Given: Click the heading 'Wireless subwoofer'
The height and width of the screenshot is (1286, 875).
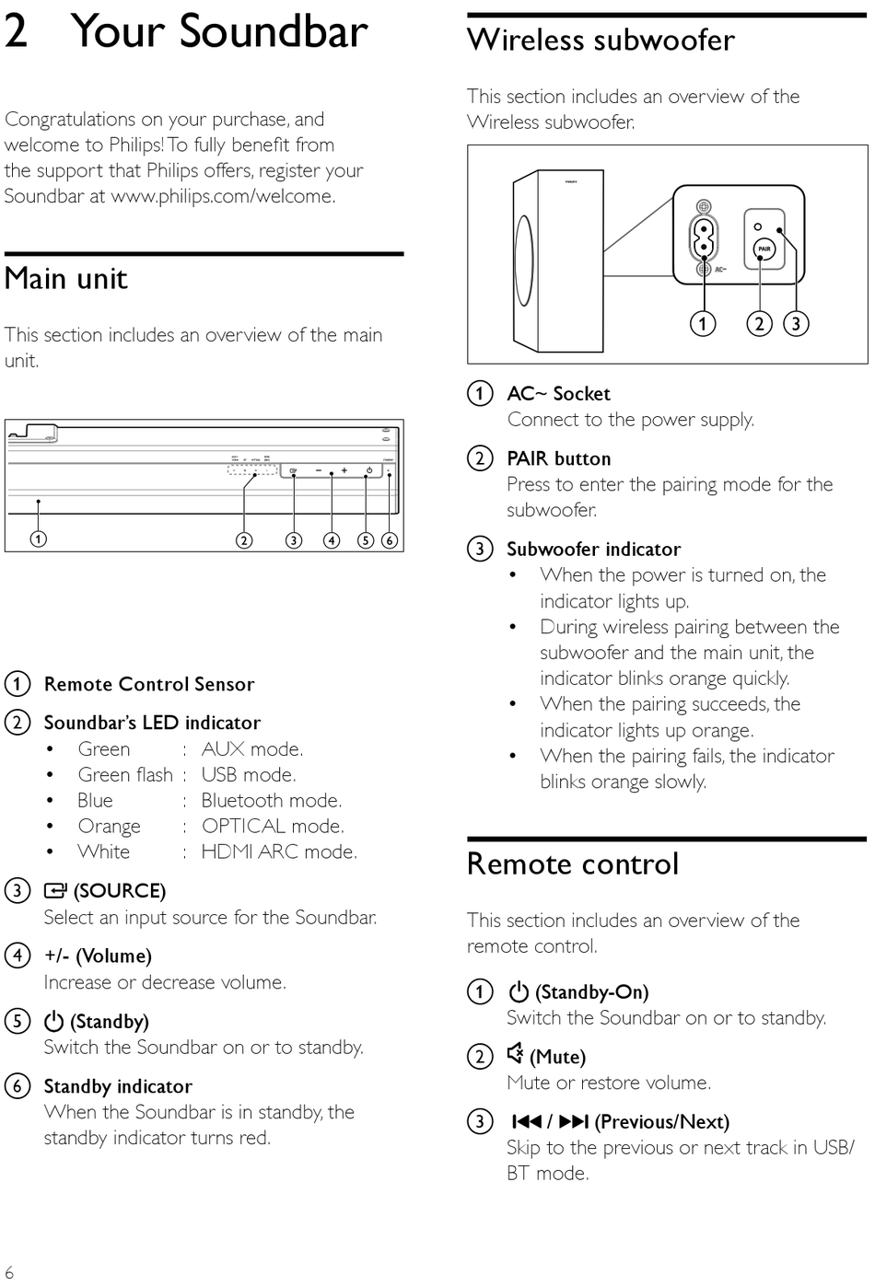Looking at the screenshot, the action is pyautogui.click(x=601, y=41).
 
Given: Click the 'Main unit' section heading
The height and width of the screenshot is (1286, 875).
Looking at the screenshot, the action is pyautogui.click(x=66, y=278).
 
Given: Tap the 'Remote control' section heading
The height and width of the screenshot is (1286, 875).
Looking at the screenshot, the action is pyautogui.click(x=572, y=863).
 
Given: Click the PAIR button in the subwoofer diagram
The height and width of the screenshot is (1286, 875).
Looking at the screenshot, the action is pyautogui.click(x=764, y=249).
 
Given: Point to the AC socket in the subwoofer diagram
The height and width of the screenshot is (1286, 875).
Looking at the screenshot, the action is pyautogui.click(x=703, y=238).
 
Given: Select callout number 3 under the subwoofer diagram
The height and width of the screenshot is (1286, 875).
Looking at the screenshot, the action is pyautogui.click(x=796, y=323).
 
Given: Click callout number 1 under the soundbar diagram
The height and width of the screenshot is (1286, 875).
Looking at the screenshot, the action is pyautogui.click(x=38, y=539).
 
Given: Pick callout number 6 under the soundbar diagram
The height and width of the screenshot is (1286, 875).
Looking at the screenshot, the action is pyautogui.click(x=390, y=540).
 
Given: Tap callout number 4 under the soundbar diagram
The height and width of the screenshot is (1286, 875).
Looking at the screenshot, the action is pyautogui.click(x=332, y=540).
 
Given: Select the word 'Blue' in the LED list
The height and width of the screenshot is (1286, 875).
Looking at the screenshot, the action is pyautogui.click(x=95, y=800).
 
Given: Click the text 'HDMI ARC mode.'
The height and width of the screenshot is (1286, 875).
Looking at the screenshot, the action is pyautogui.click(x=279, y=852).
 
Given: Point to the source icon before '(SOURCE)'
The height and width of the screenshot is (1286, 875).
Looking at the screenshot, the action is pyautogui.click(x=55, y=890).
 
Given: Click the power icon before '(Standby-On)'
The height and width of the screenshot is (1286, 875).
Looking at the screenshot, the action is pyautogui.click(x=519, y=991).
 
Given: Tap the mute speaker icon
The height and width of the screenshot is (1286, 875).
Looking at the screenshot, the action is pyautogui.click(x=516, y=1054).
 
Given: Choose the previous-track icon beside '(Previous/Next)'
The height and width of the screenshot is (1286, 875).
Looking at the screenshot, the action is pyautogui.click(x=526, y=1121).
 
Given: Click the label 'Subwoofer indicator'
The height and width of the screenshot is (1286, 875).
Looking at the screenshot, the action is pyautogui.click(x=593, y=549).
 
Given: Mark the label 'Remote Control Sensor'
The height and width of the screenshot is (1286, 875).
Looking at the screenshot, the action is pyautogui.click(x=149, y=684).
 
